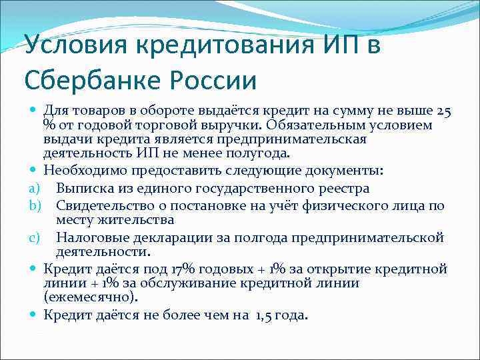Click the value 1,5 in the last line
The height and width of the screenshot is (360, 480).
coord(265,315)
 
